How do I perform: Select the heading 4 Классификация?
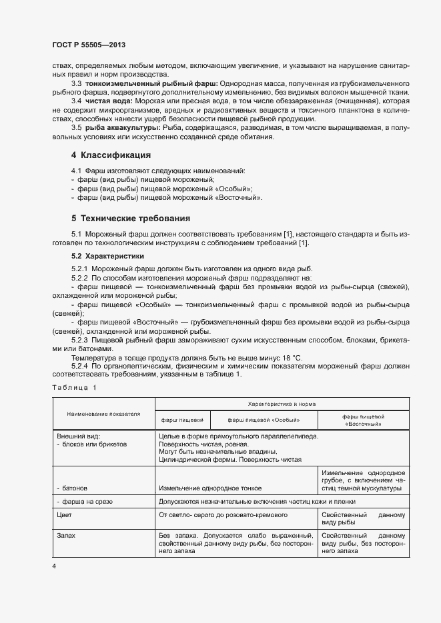pyautogui.click(x=111, y=155)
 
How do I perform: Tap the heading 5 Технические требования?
pyautogui.click(x=131, y=218)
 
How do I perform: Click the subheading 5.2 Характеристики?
pyautogui.click(x=107, y=256)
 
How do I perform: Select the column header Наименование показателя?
pyautogui.click(x=103, y=413)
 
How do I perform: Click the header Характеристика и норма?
pyautogui.click(x=282, y=404)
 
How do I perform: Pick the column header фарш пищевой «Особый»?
pyautogui.click(x=264, y=420)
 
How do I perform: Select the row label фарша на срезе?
pyautogui.click(x=84, y=501)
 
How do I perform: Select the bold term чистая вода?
pyautogui.click(x=107, y=100)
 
